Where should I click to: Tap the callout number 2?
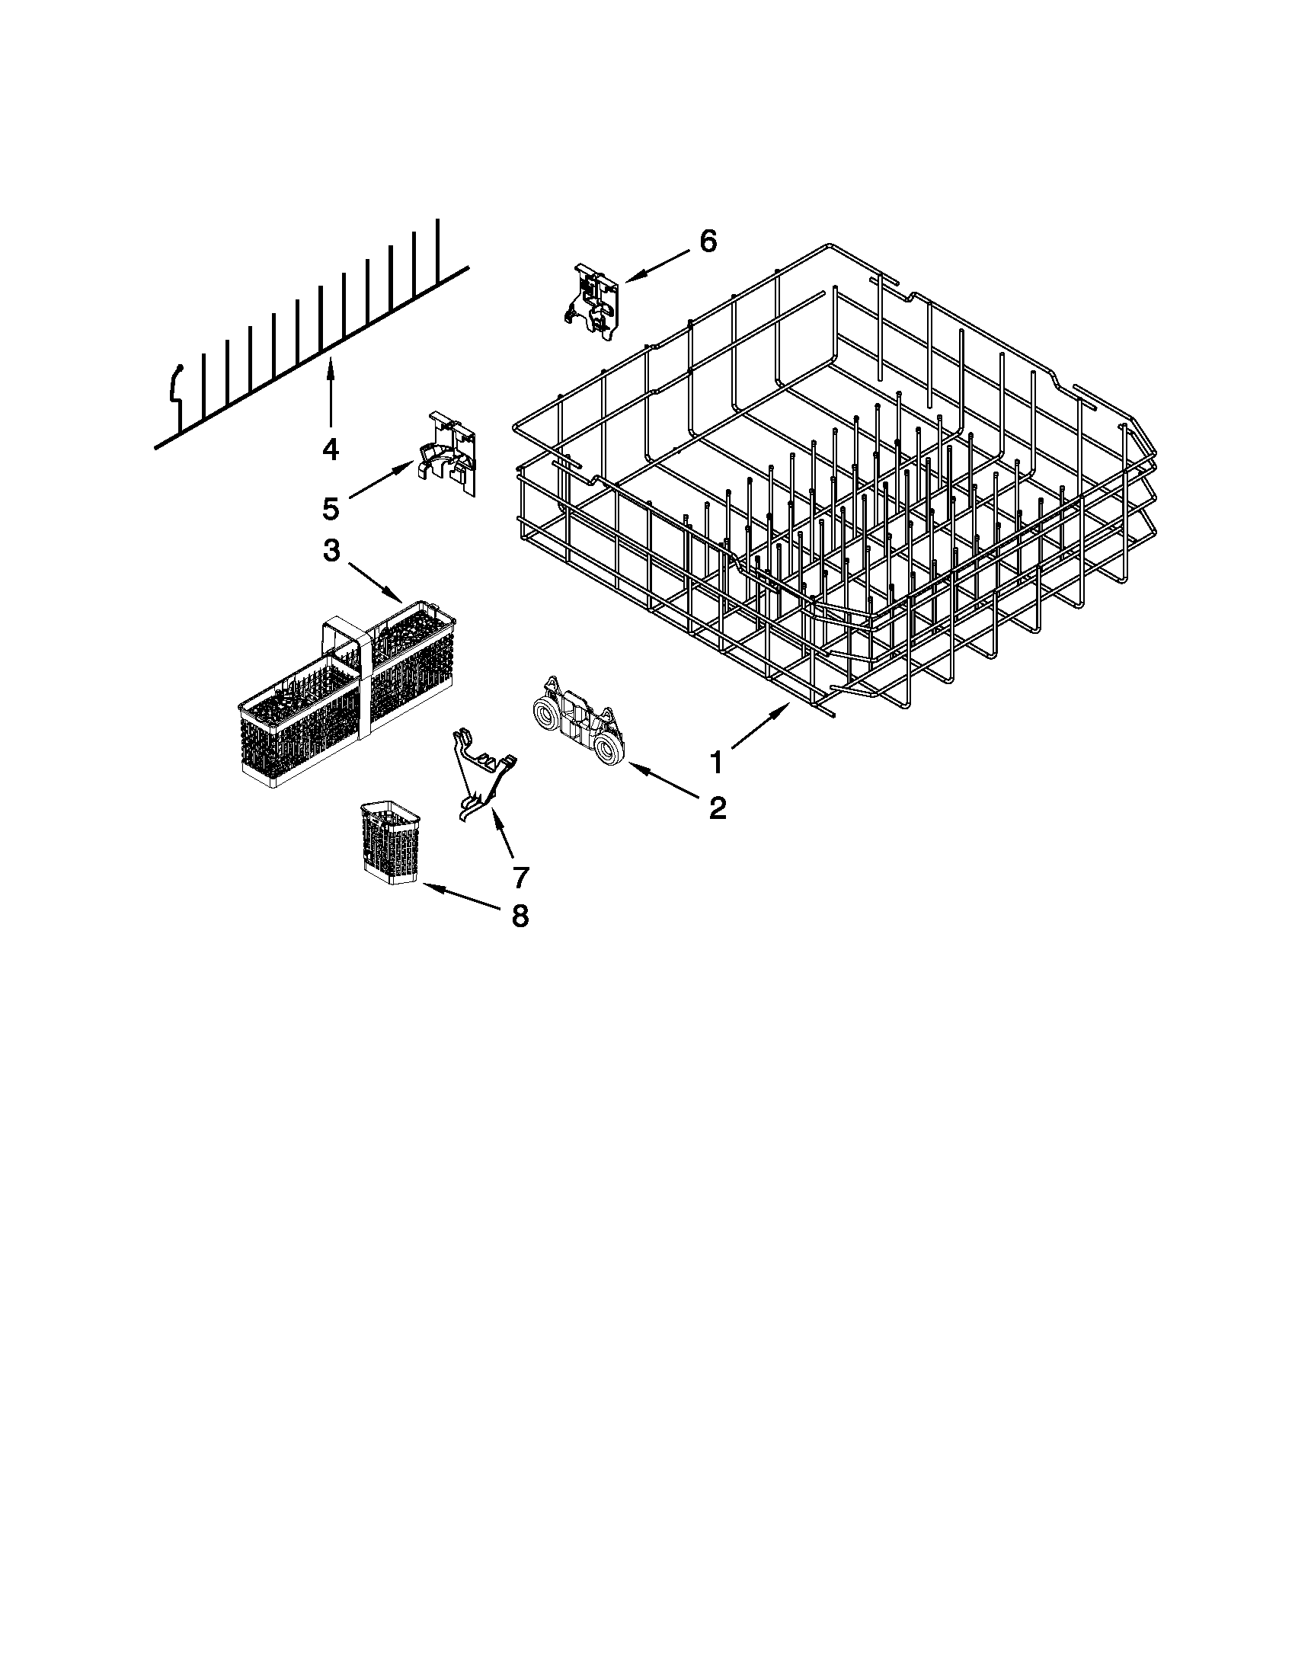point(717,808)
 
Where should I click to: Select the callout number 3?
point(331,551)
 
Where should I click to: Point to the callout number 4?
point(330,449)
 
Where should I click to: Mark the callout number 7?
point(520,876)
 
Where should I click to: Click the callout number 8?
point(520,915)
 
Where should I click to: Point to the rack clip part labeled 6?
point(596,299)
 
